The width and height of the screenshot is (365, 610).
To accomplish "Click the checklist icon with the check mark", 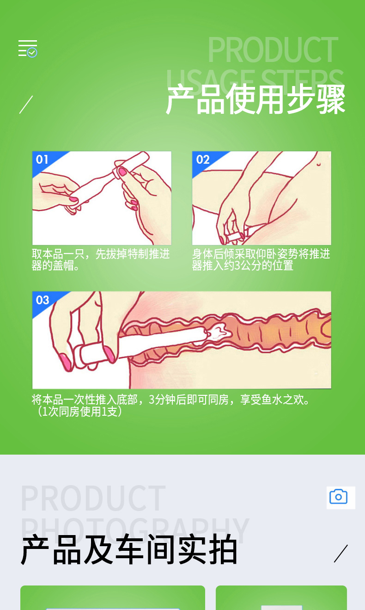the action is (28, 49).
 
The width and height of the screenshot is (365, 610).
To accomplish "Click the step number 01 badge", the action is (42, 160).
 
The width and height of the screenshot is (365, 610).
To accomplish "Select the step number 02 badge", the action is (203, 160).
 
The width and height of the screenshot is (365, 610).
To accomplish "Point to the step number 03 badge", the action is (43, 300).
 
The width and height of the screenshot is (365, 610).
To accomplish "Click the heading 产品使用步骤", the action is (255, 99).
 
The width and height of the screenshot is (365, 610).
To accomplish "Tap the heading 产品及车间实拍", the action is (129, 549).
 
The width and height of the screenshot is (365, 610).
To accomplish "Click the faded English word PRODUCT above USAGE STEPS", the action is (273, 49).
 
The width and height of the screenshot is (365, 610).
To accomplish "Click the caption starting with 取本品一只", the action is (101, 259).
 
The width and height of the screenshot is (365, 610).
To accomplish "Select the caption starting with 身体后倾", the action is (261, 259).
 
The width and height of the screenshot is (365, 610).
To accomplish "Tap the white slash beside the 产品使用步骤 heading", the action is (26, 105).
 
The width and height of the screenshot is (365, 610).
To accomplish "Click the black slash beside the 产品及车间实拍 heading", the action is (341, 554).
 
